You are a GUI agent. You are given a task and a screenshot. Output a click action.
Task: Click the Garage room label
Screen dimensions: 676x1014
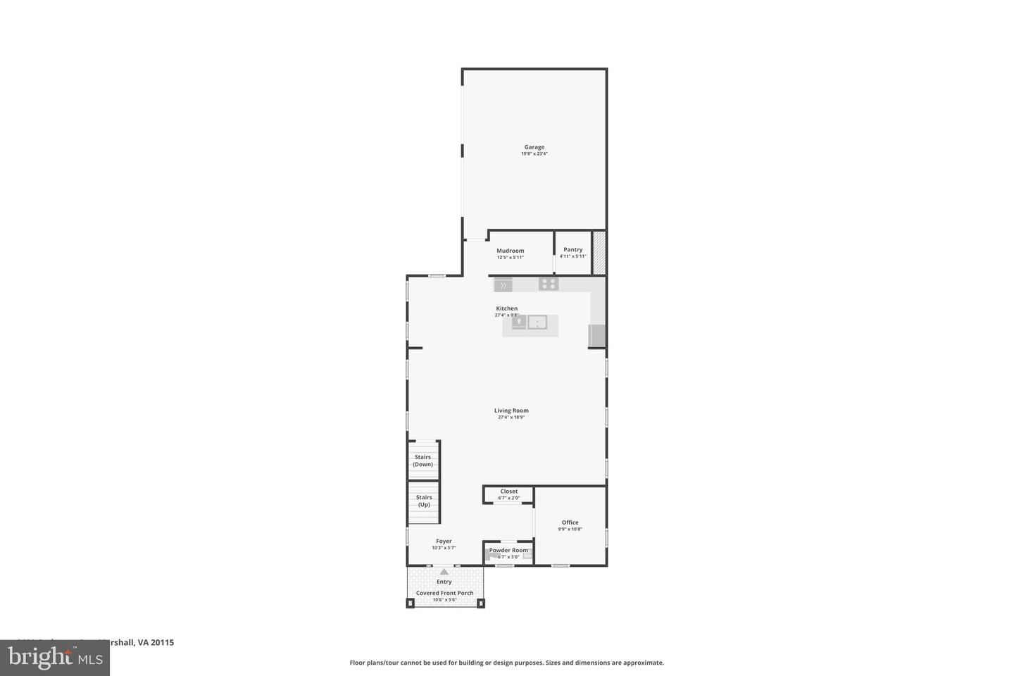(534, 147)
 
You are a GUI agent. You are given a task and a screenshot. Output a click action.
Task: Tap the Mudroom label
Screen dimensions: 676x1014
(510, 251)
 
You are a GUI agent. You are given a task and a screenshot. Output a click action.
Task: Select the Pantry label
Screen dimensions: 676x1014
(572, 249)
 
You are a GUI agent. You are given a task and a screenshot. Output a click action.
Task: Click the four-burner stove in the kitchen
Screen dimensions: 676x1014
(549, 284)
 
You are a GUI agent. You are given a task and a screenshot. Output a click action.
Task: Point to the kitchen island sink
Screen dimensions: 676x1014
(537, 323)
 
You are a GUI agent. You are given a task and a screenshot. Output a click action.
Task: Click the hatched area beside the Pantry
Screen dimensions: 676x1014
(599, 253)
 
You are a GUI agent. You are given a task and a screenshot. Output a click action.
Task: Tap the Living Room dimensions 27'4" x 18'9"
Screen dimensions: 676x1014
(511, 417)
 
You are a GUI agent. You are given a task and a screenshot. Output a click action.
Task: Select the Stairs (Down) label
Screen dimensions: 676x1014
(423, 461)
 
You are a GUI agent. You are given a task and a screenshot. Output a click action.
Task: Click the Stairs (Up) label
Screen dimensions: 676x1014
(424, 501)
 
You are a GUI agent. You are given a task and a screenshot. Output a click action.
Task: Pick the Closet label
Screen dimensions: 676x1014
(508, 492)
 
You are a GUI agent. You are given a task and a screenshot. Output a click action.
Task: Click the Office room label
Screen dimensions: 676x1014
(570, 522)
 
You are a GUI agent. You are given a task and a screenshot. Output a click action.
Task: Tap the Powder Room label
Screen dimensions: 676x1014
(508, 550)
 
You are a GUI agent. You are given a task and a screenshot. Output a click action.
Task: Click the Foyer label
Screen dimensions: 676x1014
(444, 541)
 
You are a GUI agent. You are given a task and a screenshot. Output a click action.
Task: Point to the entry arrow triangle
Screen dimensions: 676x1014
(444, 572)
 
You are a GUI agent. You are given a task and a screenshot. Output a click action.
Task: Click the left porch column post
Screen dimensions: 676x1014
(411, 603)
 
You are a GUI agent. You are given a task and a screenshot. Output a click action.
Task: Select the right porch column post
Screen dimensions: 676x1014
(482, 603)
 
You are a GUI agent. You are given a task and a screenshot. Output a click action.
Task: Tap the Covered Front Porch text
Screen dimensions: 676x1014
(444, 593)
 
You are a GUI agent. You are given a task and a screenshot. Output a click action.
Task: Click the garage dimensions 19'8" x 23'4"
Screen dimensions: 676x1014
(534, 154)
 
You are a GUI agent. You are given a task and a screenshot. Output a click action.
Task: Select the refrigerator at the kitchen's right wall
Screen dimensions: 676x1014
(597, 335)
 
